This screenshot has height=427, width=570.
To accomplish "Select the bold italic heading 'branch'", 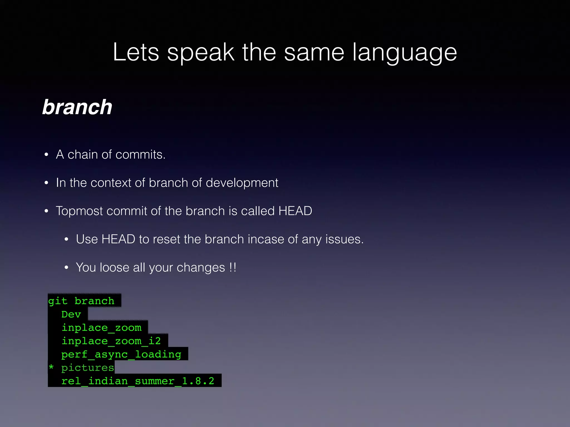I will point(77,107).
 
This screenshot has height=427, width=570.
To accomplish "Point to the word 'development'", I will point(242,183).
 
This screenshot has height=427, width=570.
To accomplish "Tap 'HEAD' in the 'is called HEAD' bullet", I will point(295,211).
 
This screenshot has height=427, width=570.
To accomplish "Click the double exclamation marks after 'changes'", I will point(233,267).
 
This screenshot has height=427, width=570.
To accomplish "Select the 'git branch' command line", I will point(81,301).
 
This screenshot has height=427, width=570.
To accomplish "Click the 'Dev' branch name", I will point(71,314).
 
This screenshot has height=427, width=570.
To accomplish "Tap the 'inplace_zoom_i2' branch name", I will point(111,341).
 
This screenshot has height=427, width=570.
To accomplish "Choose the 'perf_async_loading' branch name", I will point(121,354).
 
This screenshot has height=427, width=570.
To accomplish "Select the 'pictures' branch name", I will point(88,368).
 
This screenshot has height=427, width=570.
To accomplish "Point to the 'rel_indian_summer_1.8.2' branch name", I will point(138,381).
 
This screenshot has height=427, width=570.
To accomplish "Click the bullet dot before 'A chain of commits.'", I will point(46,155).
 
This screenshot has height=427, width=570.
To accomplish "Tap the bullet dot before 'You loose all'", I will point(66,268).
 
